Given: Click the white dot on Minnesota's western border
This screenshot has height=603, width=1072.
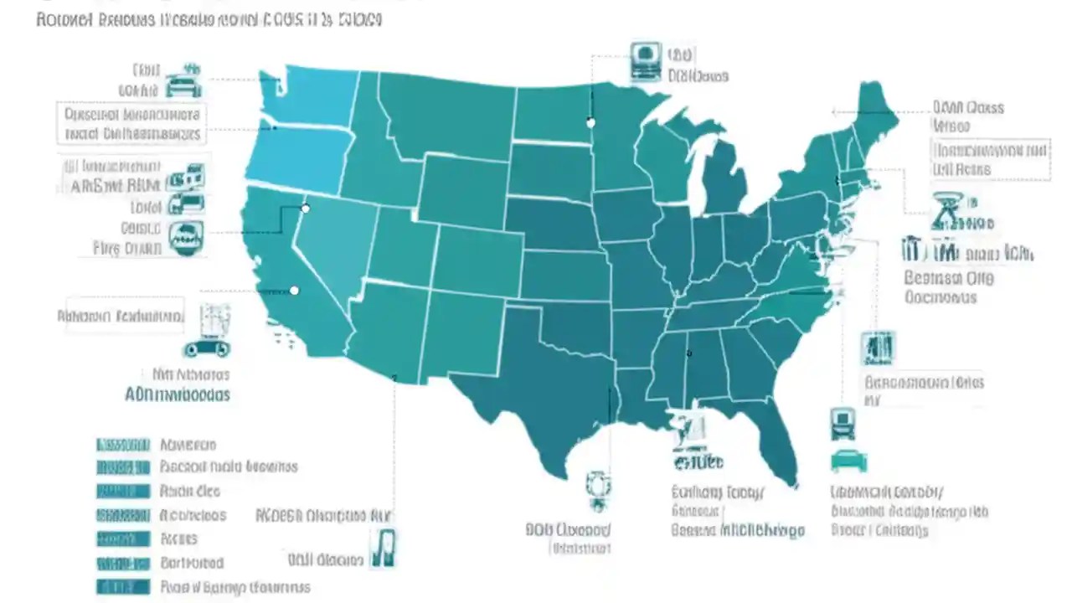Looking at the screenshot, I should (590, 123).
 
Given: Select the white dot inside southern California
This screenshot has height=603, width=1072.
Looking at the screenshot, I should (294, 291).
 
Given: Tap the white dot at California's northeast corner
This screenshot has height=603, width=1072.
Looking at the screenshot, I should (306, 208).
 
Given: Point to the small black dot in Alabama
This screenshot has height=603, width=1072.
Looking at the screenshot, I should (688, 353).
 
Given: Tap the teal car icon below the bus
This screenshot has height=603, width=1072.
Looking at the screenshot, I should (848, 461).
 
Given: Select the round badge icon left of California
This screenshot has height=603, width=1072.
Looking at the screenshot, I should (185, 239).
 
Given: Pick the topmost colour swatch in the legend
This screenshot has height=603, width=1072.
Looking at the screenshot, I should (122, 445).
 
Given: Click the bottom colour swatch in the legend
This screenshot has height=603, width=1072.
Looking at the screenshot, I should (122, 586).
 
